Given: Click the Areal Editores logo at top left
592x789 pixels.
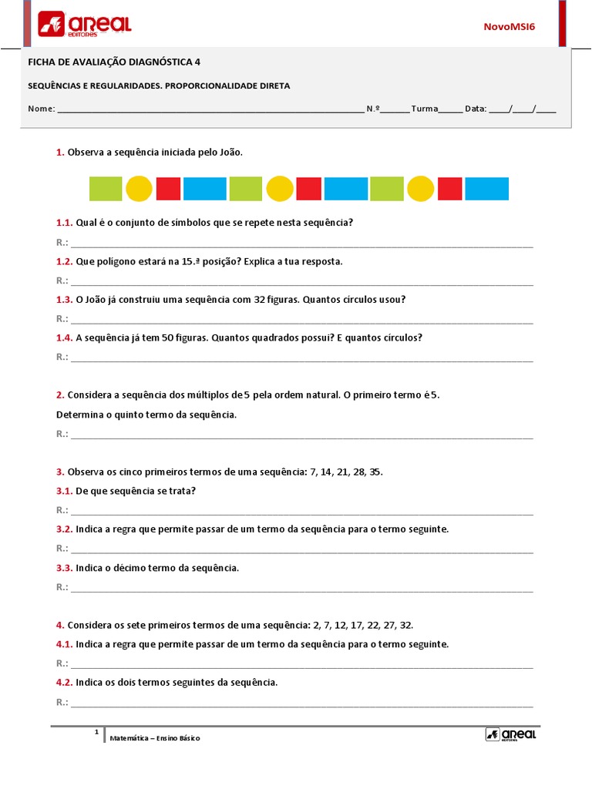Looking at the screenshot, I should coord(85,25).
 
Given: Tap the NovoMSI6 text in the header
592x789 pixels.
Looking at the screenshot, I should coord(509,26).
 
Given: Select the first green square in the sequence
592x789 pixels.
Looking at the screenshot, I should coord(106,189).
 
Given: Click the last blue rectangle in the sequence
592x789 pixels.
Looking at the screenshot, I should coord(486,189).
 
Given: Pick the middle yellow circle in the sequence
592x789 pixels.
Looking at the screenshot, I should coord(280,189).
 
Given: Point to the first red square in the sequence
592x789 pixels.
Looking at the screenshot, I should coord(168,189).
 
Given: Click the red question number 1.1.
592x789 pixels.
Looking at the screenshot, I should coord(64,223).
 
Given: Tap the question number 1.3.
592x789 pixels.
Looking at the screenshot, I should coord(64,300).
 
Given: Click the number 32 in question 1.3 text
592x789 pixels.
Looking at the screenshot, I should coord(260,300).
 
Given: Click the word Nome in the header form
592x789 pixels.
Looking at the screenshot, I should coord(41,109).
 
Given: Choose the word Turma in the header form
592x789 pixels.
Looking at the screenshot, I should coord(424,109).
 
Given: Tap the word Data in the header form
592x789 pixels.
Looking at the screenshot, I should coord(476,109).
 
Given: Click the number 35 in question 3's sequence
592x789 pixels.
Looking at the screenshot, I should coord(375,472).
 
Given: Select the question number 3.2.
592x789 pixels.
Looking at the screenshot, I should coord(64,529).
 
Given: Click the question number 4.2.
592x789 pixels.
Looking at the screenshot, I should coord(64,683).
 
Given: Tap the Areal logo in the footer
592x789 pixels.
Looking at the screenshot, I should coord(510,735).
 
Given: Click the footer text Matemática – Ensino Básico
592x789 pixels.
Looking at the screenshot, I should coord(155,738).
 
